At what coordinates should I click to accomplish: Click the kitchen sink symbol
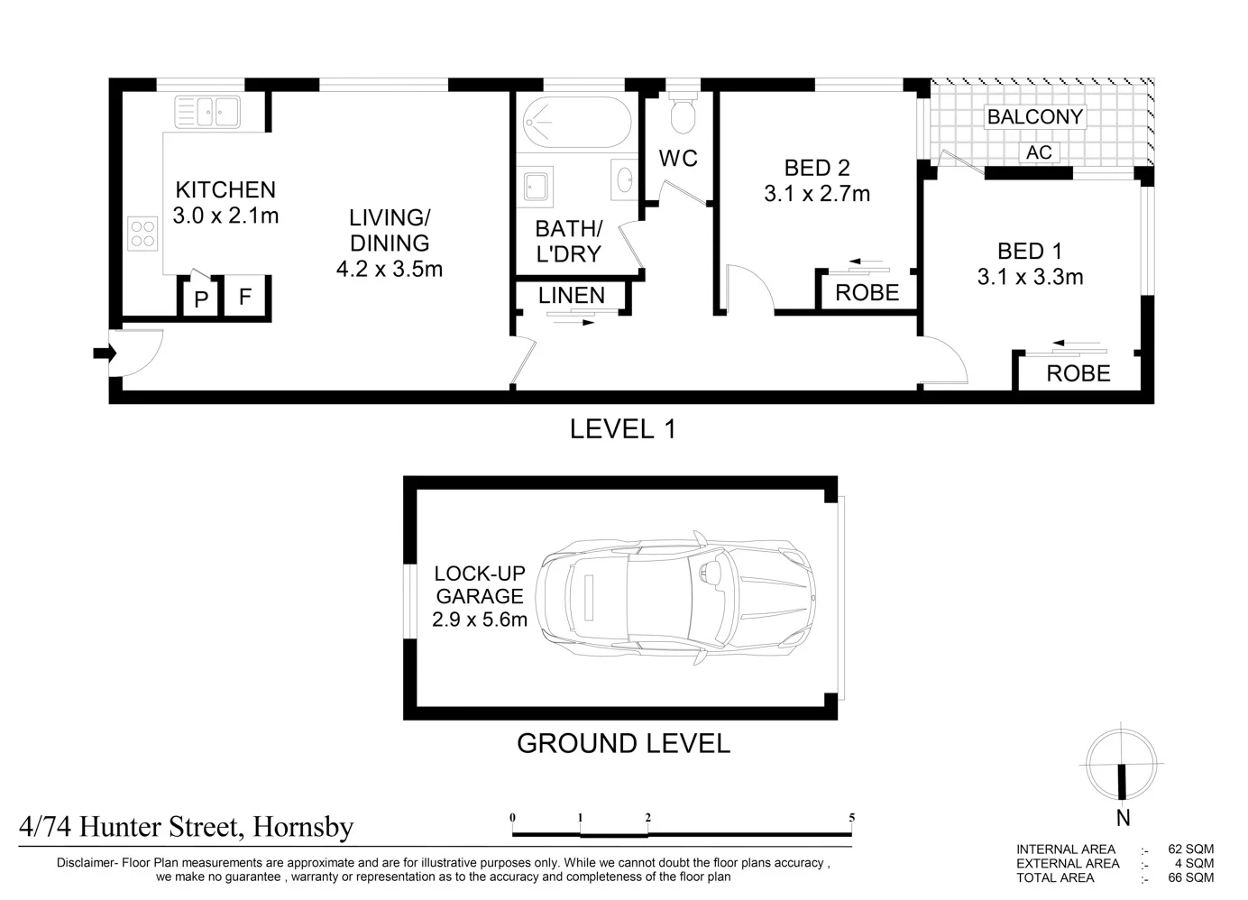(x=207, y=112)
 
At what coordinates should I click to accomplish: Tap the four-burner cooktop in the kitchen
(x=142, y=234)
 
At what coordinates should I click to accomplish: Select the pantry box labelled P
(x=201, y=299)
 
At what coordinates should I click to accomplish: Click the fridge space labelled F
(x=245, y=297)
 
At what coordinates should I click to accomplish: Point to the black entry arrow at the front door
(x=105, y=353)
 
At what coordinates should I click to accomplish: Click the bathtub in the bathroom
(x=577, y=123)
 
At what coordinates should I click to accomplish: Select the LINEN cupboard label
(x=572, y=296)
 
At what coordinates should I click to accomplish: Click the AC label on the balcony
(x=1039, y=152)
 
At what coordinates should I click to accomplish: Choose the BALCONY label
(x=1035, y=117)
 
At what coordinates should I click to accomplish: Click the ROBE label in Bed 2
(x=867, y=292)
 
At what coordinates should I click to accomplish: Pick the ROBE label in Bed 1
(x=1078, y=373)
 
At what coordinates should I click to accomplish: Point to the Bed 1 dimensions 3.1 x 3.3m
(x=1030, y=277)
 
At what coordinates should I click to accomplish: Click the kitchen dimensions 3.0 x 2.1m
(x=225, y=216)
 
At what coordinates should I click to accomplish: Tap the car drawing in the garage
(x=675, y=597)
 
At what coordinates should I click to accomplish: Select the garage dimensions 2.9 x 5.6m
(x=480, y=620)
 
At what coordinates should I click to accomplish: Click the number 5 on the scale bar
(x=852, y=818)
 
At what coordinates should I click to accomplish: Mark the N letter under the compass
(x=1124, y=818)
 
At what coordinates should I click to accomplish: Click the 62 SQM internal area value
(x=1190, y=849)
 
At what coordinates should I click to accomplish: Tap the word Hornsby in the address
(x=304, y=827)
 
